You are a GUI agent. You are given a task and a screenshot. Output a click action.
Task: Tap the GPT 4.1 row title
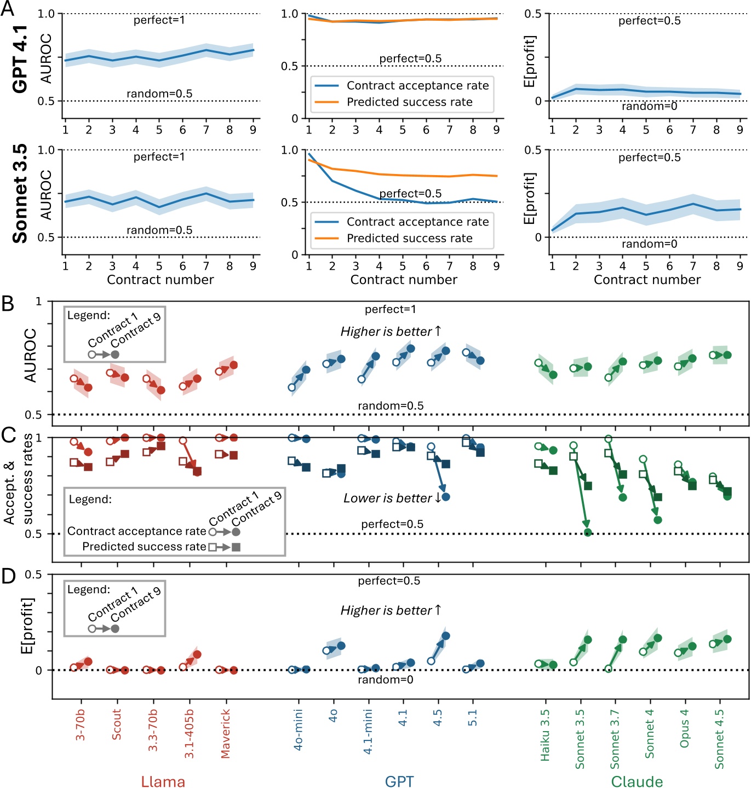[20, 59]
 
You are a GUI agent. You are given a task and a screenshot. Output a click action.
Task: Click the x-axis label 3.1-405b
[189, 733]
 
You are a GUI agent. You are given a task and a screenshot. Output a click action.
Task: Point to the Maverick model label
[225, 733]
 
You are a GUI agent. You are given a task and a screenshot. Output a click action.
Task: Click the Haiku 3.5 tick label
[544, 735]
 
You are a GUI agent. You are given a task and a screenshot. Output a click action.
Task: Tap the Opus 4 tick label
[684, 728]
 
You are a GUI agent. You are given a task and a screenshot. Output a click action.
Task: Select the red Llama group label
[163, 781]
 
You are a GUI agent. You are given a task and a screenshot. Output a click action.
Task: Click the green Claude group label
[637, 781]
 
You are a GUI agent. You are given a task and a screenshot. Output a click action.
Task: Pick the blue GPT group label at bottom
[399, 781]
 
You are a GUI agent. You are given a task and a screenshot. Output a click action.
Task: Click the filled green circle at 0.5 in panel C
[588, 532]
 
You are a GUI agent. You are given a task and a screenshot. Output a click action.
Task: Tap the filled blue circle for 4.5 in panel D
[445, 636]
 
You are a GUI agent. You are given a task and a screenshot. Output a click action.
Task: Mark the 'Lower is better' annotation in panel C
[392, 498]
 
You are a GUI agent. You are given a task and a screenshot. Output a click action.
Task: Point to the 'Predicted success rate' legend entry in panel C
[144, 547]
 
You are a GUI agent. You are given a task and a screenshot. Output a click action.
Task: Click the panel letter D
[8, 576]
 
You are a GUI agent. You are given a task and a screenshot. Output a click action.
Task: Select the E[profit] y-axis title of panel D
[27, 625]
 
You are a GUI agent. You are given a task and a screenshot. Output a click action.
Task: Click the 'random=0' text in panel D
[385, 680]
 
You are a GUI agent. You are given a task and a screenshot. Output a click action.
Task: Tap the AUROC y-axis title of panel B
[30, 355]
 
